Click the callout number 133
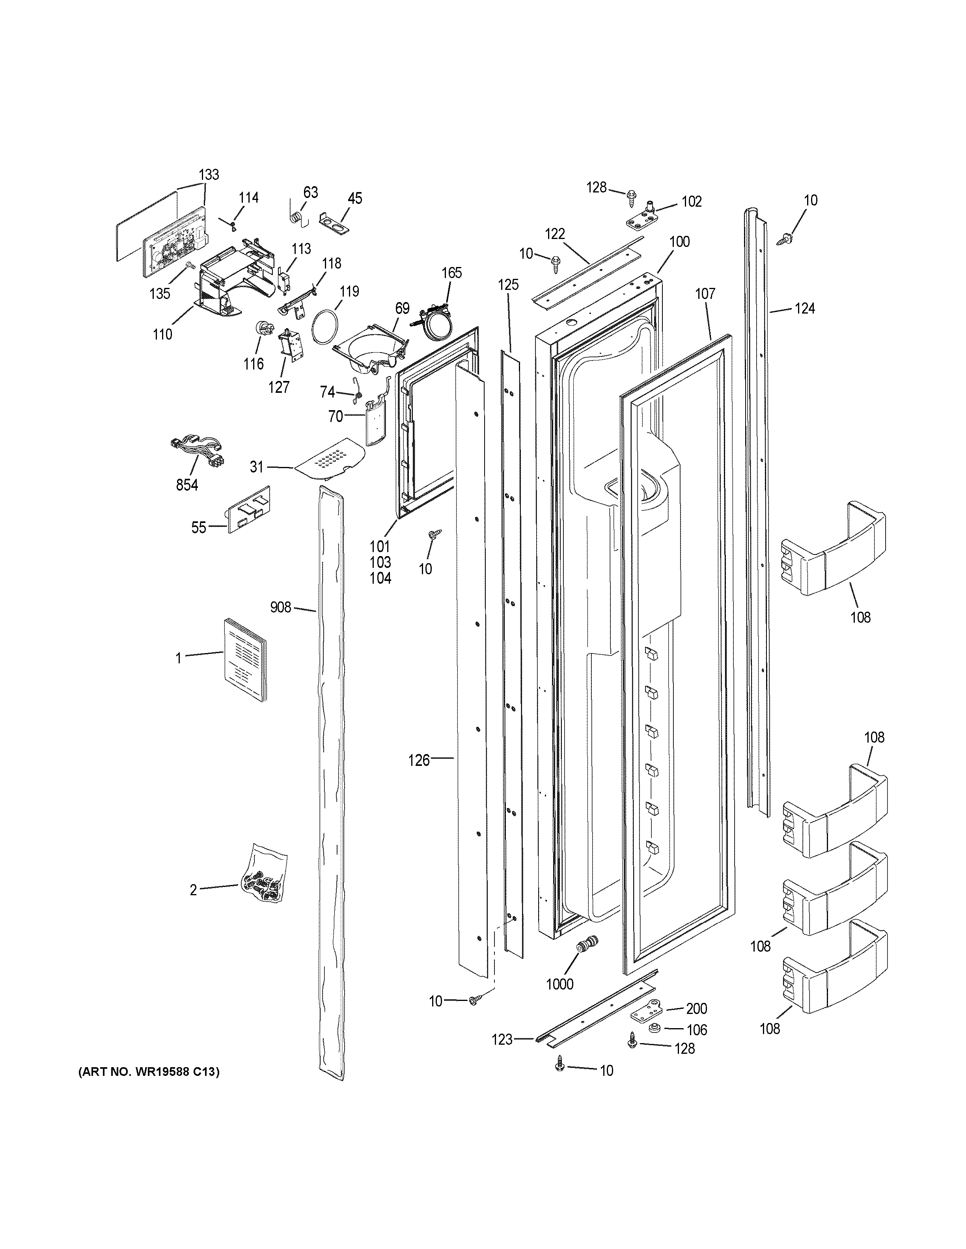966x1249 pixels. (x=209, y=174)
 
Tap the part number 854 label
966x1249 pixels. (x=187, y=485)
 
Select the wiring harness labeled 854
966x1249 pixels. (x=196, y=444)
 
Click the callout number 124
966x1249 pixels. (x=805, y=309)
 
